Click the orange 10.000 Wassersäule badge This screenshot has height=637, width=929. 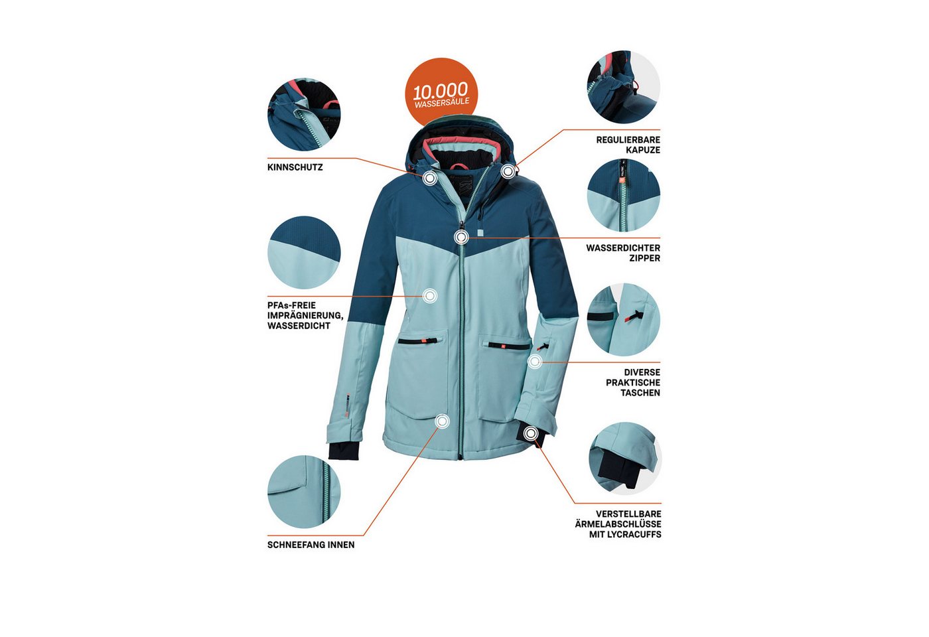pyautogui.click(x=441, y=94)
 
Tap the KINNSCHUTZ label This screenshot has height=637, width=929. pyautogui.click(x=295, y=167)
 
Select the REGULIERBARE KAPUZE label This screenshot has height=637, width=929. pyautogui.click(x=628, y=145)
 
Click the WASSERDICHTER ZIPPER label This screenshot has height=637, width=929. pyautogui.click(x=623, y=253)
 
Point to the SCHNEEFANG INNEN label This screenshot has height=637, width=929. pyautogui.click(x=311, y=545)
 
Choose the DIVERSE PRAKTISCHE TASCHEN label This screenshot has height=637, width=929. pyautogui.click(x=633, y=382)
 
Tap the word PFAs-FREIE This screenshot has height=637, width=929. pyautogui.click(x=291, y=306)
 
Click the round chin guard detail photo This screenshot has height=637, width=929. pyautogui.click(x=304, y=114)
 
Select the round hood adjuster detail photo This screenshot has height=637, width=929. pyautogui.click(x=623, y=87)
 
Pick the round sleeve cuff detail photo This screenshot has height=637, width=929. pyautogui.click(x=625, y=458)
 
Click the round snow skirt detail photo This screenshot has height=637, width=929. pyautogui.click(x=304, y=492)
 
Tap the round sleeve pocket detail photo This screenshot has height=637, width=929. pyautogui.click(x=623, y=319)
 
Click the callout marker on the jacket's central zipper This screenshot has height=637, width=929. pyautogui.click(x=462, y=238)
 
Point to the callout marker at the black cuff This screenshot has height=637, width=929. pyautogui.click(x=531, y=434)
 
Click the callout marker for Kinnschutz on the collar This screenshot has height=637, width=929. pyautogui.click(x=430, y=178)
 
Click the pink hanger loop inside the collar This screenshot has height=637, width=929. pyautogui.click(x=458, y=167)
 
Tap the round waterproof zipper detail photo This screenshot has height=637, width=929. pyautogui.click(x=623, y=195)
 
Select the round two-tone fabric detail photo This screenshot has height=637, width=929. pyautogui.click(x=304, y=252)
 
